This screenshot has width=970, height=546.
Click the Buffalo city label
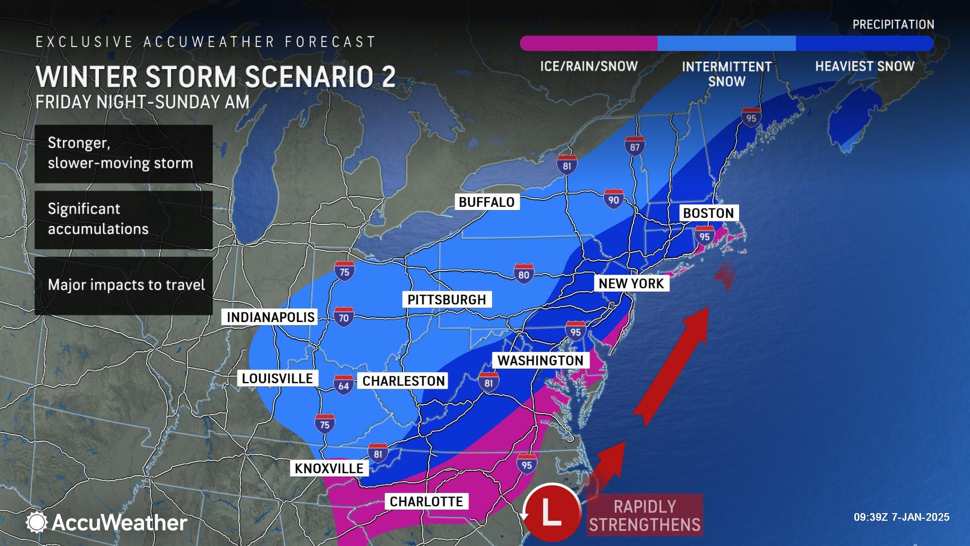tap(486, 202)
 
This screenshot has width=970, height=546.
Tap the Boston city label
tap(708, 213)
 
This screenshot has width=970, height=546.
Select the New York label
tap(631, 284)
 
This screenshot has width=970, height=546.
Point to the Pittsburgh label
tap(447, 300)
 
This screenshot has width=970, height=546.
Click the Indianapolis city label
tap(270, 317)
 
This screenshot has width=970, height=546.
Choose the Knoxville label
tap(329, 469)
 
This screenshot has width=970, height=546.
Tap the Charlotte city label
tap(426, 502)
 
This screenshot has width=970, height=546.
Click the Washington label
tap(540, 360)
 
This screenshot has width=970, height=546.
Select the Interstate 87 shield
tap(635, 147)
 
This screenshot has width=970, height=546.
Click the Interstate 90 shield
tap(613, 199)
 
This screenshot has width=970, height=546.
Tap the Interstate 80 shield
tap(523, 274)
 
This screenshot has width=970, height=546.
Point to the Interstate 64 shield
tap(343, 385)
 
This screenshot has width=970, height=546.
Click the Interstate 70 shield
tap(344, 317)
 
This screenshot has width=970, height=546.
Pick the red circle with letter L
tap(552, 513)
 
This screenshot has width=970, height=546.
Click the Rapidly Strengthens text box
tap(645, 515)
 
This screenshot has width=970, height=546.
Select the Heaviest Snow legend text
tap(864, 66)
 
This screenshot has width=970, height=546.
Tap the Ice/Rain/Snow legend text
tap(589, 66)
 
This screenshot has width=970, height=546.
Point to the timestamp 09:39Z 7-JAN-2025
tap(901, 517)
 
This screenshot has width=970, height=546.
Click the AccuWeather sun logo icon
tap(36, 522)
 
